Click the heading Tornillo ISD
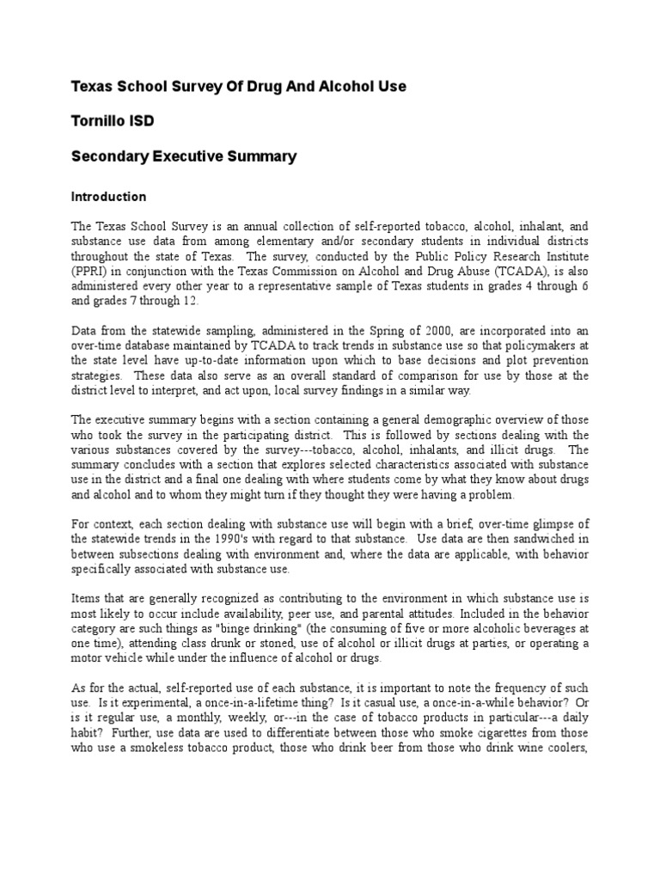point(113,121)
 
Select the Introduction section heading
point(108,197)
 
